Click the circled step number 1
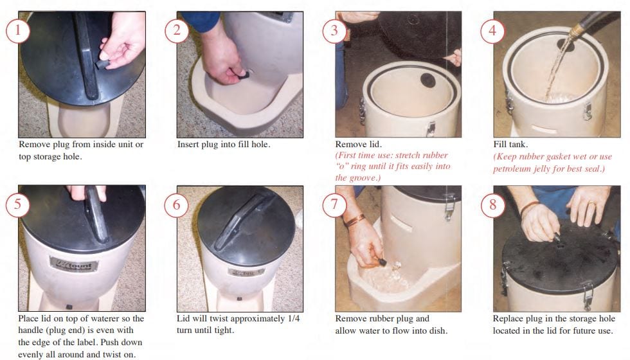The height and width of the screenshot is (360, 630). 18,31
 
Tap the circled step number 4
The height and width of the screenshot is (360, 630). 492,31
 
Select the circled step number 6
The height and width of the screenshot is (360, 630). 176,205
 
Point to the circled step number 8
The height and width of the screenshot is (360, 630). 492,205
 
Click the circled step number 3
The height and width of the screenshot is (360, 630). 334,31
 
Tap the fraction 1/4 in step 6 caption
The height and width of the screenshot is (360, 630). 294,319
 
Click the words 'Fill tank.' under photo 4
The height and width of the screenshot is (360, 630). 510,144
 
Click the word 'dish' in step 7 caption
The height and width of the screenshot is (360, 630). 437,330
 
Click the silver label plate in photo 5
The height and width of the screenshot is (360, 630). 74,265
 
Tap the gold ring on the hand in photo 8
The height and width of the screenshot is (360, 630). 591,204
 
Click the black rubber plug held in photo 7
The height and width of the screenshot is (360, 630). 381,262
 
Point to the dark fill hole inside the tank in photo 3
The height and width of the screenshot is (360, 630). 428,80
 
